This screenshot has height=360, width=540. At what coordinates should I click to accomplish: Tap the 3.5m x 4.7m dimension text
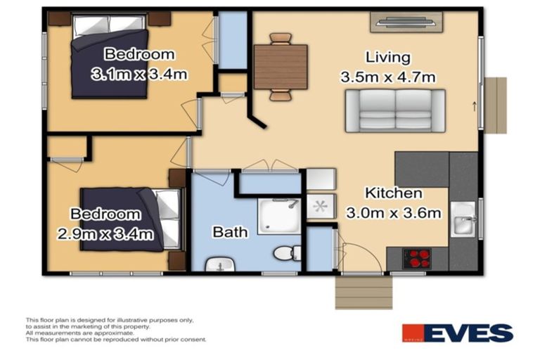point(387,77)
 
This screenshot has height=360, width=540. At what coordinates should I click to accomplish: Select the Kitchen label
point(393,193)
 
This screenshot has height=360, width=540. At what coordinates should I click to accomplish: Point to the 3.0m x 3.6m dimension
point(393,212)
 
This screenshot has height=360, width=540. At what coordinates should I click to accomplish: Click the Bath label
point(230,231)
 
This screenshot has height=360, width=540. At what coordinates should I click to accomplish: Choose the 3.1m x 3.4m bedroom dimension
point(139,73)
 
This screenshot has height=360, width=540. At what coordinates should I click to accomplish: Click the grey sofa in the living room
point(394,110)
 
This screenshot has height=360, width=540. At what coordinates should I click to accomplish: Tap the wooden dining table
point(281,67)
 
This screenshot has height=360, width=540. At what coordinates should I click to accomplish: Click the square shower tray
point(279,216)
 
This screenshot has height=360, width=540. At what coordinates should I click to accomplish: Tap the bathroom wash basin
point(220,265)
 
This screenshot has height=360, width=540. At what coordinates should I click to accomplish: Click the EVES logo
point(457,333)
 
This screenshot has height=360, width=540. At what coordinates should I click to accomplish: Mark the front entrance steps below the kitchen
point(363,292)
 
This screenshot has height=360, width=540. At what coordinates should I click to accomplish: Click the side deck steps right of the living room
point(496,105)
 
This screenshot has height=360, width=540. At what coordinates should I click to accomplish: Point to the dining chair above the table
point(281,38)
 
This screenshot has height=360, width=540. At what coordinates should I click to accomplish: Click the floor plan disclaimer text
point(109,329)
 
